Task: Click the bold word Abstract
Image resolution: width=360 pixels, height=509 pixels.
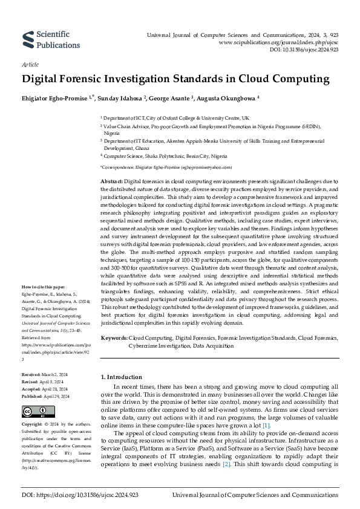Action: click(x=111, y=181)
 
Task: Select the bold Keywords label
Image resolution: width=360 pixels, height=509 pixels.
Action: click(x=114, y=338)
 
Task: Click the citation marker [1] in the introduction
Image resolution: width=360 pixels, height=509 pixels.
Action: click(x=250, y=426)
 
